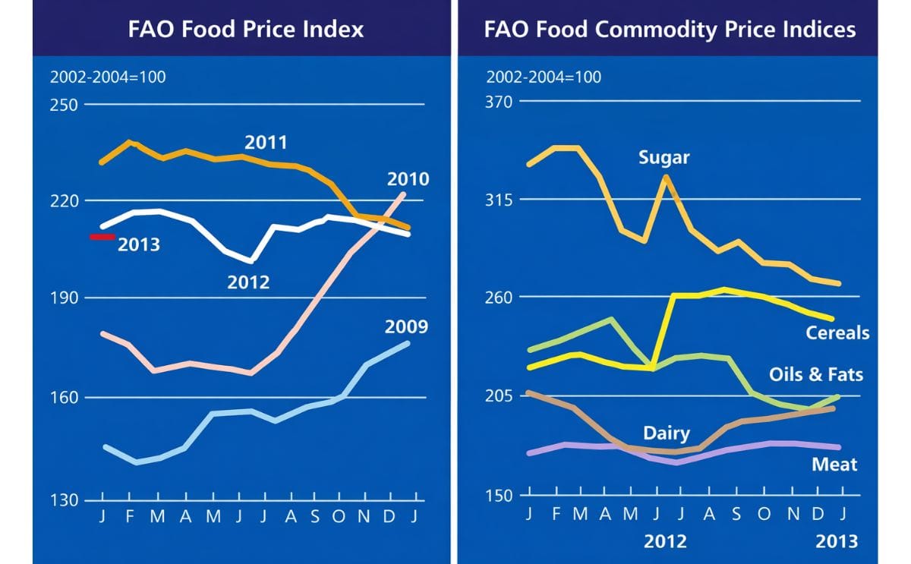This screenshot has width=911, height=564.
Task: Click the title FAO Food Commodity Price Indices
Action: click(670, 29)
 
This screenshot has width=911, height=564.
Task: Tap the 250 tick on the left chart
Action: click(64, 104)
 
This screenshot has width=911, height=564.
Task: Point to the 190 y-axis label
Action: click(64, 298)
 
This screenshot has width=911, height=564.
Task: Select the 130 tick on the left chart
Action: click(64, 500)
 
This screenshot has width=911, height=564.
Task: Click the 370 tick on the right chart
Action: click(500, 102)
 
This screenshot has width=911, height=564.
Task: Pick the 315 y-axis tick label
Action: click(500, 200)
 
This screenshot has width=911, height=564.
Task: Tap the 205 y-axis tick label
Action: click(500, 396)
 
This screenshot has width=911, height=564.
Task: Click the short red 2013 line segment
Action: click(102, 237)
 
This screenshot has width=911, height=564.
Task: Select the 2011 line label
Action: click(266, 143)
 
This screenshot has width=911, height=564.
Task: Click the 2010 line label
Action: click(408, 180)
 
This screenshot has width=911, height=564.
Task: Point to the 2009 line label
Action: click(406, 327)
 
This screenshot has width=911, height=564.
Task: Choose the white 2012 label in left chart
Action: click(248, 283)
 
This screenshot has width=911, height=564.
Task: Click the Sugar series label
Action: click(664, 158)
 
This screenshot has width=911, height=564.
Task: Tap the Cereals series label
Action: click(837, 333)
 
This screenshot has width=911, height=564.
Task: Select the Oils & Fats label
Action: click(816, 375)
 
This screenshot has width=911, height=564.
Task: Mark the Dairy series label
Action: click(666, 433)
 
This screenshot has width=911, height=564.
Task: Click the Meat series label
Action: click(834, 465)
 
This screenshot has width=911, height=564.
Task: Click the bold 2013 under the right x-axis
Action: click(837, 541)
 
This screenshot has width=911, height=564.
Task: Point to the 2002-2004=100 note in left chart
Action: click(108, 77)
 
